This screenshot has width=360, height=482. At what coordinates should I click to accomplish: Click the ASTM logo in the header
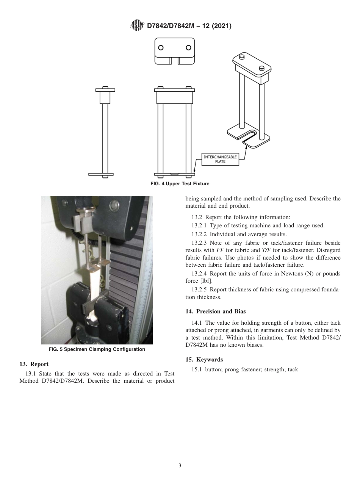click(137, 25)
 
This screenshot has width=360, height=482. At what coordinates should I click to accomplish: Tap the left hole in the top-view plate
click(161, 48)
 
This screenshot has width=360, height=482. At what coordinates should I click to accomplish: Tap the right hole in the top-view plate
click(188, 48)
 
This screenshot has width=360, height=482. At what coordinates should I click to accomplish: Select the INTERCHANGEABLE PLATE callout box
click(220, 159)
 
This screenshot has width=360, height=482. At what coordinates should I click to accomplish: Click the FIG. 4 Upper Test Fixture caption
click(180, 184)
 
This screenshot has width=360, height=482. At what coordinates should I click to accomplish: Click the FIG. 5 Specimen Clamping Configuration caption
click(97, 349)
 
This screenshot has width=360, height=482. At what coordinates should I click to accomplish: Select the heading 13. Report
click(34, 364)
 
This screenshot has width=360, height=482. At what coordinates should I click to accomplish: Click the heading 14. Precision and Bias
click(215, 311)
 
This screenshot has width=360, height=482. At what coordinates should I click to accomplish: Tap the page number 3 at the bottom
click(180, 466)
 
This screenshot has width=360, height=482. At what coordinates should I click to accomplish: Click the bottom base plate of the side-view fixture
click(101, 174)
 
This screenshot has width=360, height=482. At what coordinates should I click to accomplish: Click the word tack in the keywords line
click(293, 369)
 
